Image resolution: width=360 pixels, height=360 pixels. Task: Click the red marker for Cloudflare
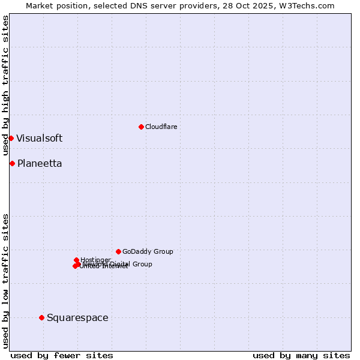coord(141,127)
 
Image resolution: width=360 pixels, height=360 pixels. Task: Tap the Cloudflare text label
coord(161,127)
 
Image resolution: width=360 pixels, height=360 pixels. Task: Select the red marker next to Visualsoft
coord(11,138)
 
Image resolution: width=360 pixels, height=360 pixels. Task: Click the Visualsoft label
coord(39,138)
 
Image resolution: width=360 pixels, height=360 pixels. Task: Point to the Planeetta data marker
coord(12,163)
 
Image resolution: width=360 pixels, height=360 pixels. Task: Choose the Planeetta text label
coord(40,163)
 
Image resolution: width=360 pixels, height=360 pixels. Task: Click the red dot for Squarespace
coord(41,317)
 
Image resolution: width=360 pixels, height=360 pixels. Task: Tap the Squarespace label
coord(77,317)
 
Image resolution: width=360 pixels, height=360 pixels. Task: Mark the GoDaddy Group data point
coord(118,251)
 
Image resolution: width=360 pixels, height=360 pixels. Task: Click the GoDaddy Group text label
coord(148,251)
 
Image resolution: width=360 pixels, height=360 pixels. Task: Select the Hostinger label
coord(96,259)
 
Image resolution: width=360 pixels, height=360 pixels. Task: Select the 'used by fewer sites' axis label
coord(62,355)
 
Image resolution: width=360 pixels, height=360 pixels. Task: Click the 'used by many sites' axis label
coord(301,355)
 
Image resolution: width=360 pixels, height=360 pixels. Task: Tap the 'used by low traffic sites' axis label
coord(5,281)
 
